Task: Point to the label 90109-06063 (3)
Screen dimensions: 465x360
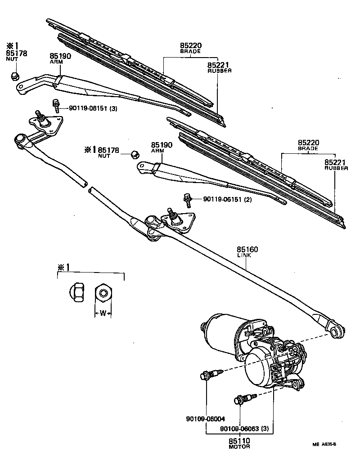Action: (x=245, y=429)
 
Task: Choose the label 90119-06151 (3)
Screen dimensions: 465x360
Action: (x=93, y=108)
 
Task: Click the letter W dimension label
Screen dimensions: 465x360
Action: (x=103, y=313)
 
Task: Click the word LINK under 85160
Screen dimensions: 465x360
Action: (x=244, y=255)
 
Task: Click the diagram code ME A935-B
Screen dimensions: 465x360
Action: (x=325, y=445)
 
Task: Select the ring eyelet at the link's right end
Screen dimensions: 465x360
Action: (x=335, y=332)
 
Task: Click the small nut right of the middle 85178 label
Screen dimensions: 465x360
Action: (x=134, y=154)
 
